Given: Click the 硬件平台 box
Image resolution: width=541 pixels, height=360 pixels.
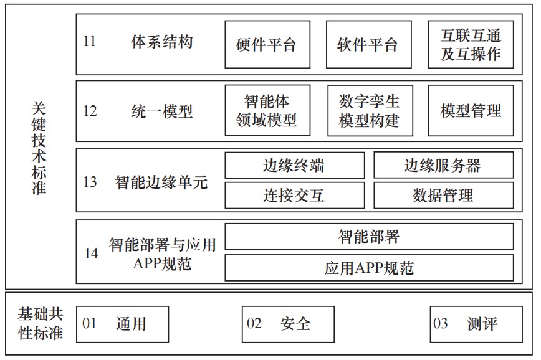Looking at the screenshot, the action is tap(267, 44).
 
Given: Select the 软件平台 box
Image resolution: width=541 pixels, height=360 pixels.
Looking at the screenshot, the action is tap(368, 44).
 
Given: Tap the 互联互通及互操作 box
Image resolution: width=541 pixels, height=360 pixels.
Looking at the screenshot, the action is tap(471, 44).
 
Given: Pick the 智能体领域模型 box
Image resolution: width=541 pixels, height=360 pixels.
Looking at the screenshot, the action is tap(267, 111).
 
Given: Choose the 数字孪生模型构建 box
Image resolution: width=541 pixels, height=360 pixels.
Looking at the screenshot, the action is tap(370, 111).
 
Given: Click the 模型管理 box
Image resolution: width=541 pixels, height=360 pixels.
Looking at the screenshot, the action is tap(471, 111).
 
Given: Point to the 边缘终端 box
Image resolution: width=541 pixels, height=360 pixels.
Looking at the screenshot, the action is tap(295, 166).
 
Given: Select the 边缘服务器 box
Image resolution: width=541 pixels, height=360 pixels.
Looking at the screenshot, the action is tap(444, 166).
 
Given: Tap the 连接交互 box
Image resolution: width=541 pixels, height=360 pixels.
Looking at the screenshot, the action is tap(295, 196).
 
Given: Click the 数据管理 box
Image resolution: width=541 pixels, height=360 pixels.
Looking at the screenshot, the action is tap(444, 196).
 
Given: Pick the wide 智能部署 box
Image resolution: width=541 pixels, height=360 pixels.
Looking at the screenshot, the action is tap(369, 237).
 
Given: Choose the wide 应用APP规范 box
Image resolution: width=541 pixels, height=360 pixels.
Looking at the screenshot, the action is tap(369, 268).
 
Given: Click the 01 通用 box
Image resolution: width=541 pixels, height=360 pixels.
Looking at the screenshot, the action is tap(123, 324).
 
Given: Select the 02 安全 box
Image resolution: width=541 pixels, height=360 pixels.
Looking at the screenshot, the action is tap(288, 324).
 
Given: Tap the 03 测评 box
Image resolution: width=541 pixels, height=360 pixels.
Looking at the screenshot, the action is tap(476, 324).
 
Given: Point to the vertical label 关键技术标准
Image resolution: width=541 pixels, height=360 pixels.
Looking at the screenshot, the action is tap(39, 148).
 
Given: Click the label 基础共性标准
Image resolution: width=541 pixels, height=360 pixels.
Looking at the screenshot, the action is tap(41, 323).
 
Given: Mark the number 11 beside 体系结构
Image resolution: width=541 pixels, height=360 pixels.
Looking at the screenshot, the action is tap(89, 41).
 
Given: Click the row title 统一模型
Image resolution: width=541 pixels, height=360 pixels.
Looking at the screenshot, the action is tap(162, 111).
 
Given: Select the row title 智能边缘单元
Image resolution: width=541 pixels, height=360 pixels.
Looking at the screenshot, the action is tap(161, 182).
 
